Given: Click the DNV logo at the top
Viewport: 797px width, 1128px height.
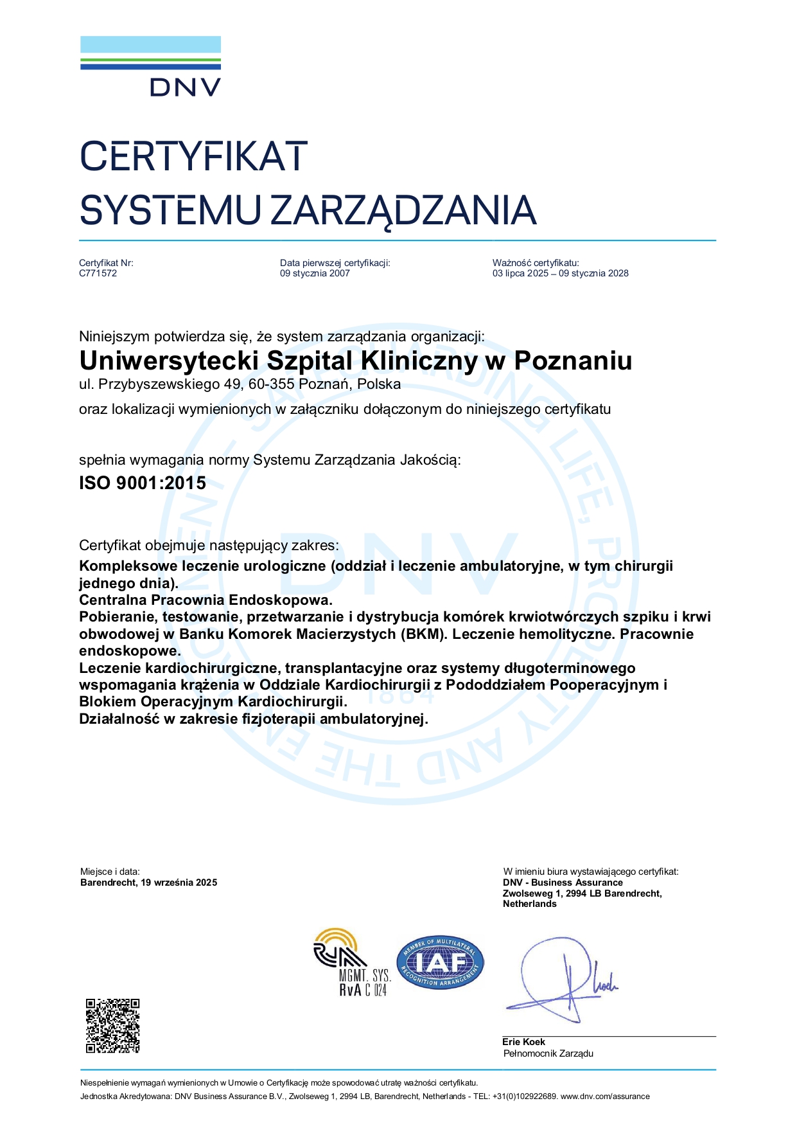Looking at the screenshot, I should pos(150,66).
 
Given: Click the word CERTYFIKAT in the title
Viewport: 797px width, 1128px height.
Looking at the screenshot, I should pos(193,156).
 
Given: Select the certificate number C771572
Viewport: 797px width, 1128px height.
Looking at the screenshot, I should pos(98,273).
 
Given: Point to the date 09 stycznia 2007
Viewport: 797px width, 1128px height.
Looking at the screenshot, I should pos(315,273).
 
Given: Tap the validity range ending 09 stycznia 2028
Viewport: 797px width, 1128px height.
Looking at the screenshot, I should pos(560,273).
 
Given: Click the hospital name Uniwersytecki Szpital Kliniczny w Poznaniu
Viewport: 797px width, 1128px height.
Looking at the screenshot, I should pos(355,361).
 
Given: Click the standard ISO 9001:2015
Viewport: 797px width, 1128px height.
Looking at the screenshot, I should pos(142,483).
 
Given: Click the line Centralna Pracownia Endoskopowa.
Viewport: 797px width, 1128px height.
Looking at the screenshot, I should pos(206,600).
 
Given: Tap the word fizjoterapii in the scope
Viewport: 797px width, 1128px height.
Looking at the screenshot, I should pos(279,719).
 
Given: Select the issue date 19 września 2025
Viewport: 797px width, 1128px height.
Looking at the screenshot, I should pos(179,882).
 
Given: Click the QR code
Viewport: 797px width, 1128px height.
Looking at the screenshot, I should pos(112,1026).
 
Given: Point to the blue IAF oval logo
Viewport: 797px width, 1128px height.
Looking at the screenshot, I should pos(440,962).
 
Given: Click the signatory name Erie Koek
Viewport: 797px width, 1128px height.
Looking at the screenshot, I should pos(523,1042).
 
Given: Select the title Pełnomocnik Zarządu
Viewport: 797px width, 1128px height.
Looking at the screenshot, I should pos(548,1053).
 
